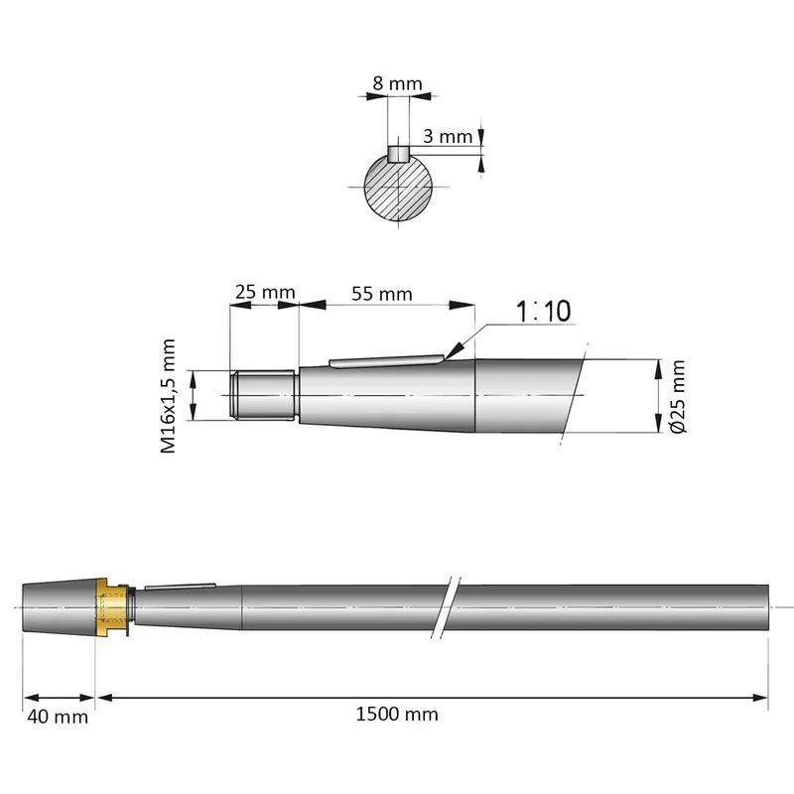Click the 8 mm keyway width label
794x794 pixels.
click(397, 83)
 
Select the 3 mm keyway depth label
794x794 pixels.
click(448, 136)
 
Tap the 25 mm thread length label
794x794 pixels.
click(265, 292)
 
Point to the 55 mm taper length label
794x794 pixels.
click(382, 294)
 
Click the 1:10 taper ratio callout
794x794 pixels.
click(543, 311)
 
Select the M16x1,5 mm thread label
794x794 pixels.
click(168, 396)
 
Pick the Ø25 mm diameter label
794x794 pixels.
click(677, 396)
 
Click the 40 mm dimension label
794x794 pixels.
click(58, 717)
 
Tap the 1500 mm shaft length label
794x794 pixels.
click(397, 715)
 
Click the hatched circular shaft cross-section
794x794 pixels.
click(399, 187)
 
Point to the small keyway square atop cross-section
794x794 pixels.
click(399, 154)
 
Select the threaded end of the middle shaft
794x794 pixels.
click(262, 395)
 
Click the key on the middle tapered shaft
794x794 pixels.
click(387, 361)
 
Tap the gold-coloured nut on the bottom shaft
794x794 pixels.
click(112, 607)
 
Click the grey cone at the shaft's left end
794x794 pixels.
click(60, 607)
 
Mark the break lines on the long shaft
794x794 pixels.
click(446, 607)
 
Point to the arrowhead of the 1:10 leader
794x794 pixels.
click(455, 350)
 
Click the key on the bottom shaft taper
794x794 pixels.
click(181, 587)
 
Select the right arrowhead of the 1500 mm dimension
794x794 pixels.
click(760, 698)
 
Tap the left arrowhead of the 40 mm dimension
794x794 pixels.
click(32, 698)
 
